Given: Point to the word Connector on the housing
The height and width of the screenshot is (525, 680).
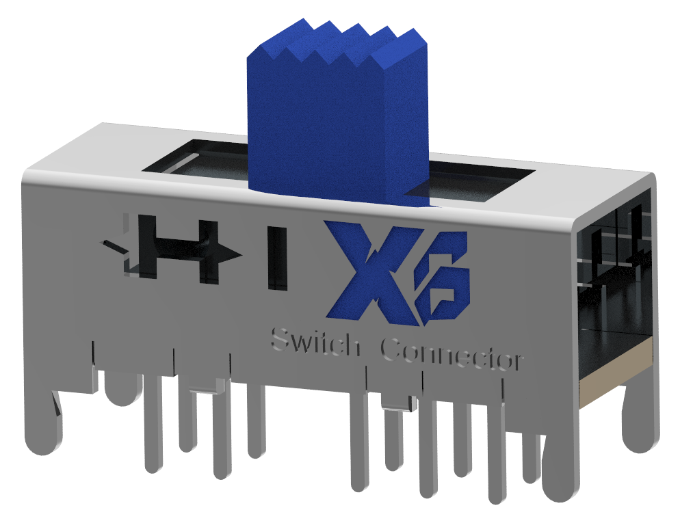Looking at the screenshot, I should click(452, 355).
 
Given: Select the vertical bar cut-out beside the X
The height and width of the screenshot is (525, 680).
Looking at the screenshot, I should click(278, 258).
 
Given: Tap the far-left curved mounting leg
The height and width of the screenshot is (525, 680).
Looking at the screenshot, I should click(41, 424).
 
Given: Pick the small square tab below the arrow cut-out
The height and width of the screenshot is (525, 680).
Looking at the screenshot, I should click(205, 390).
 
